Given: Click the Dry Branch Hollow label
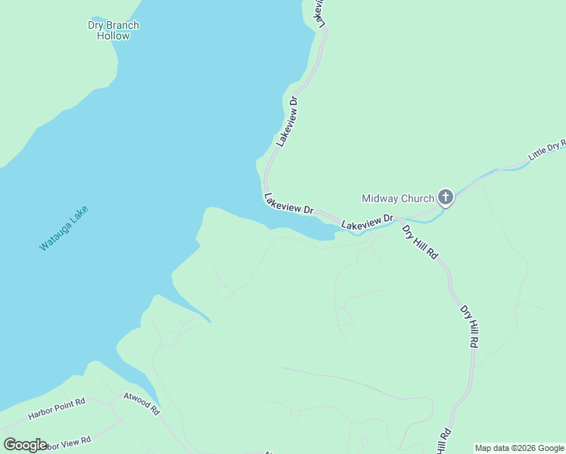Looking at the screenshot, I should click(114, 30).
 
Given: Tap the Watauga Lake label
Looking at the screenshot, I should click(64, 228).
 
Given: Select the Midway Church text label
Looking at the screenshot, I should click(398, 199).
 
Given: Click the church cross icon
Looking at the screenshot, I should click(446, 198).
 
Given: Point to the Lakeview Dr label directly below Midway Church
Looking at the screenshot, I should click(368, 222).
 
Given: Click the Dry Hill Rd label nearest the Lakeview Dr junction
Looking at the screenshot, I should click(420, 242).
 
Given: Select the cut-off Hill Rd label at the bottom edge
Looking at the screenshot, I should click(443, 440).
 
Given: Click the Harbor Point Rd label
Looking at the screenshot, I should click(58, 409).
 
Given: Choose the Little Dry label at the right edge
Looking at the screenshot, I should click(546, 148).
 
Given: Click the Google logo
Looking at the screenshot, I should click(25, 444).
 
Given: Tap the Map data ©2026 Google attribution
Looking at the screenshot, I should click(519, 448).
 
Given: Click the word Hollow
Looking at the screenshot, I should click(114, 36).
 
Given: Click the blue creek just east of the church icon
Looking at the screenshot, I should click(477, 182).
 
